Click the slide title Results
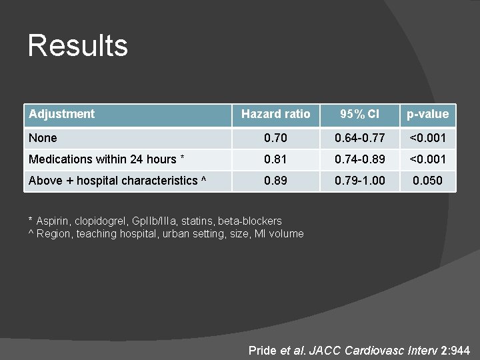coord(77,46)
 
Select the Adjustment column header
coord(62,114)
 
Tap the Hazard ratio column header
coord(275,114)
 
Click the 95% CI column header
coord(359,114)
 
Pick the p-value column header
coord(428,114)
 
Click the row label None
coord(43,138)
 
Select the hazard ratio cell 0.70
coord(275,138)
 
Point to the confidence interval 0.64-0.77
coord(359,138)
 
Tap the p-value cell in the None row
coord(428,138)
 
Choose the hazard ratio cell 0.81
coord(275,159)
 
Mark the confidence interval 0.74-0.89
coord(359,159)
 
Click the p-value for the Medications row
coord(428,159)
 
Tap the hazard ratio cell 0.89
coord(275,181)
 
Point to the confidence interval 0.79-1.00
coord(359,181)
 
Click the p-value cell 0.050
coord(428,181)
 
